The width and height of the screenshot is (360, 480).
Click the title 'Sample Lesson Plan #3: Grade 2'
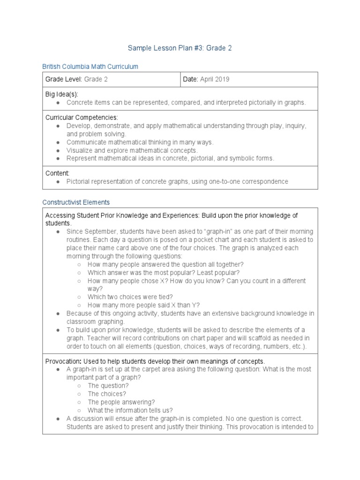pos(180,48)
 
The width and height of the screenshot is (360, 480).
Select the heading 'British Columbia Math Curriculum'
pos(90,67)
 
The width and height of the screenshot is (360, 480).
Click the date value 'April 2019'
pos(215,79)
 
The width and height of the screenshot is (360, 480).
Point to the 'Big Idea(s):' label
pos(61,94)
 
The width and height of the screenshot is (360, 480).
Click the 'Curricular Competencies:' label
pos(82,117)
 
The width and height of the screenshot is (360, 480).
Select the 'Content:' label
pos(57,173)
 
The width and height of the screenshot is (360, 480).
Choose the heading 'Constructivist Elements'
pos(76,202)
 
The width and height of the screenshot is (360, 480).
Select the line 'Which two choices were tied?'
pos(130,297)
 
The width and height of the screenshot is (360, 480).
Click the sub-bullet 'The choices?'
pos(107,394)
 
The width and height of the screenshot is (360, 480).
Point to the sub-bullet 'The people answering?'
pos(121,402)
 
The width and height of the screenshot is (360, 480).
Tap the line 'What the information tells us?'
pos(130,410)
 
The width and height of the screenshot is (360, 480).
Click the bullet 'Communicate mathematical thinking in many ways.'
pos(140,142)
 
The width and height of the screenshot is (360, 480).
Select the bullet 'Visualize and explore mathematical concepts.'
pos(132,150)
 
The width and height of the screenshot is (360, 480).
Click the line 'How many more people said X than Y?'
pos(143,305)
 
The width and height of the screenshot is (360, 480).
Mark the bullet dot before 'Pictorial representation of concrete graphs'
pos(57,181)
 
